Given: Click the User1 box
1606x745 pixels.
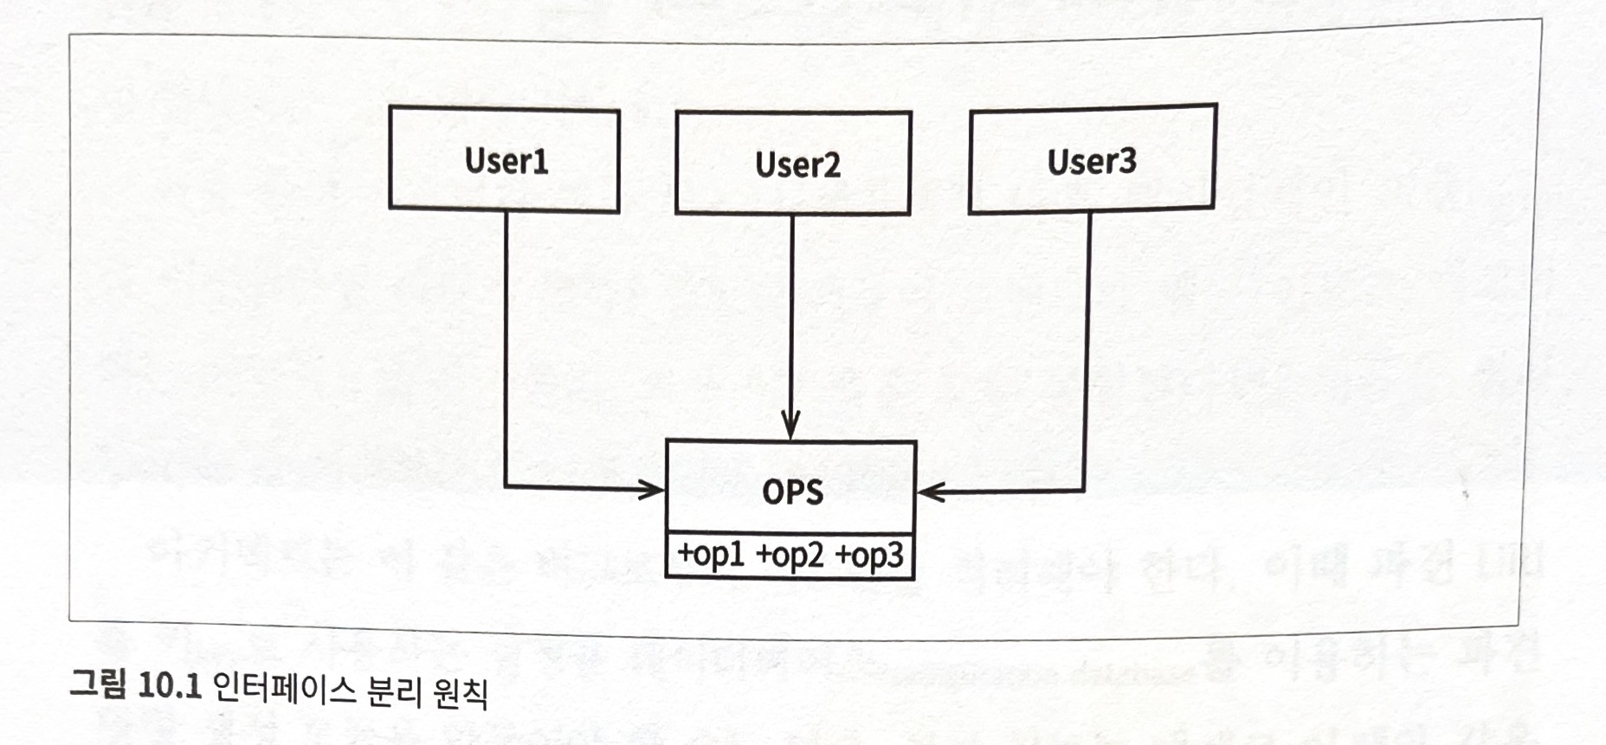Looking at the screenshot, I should click(504, 159).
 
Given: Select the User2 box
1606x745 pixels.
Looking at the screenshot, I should click(793, 163).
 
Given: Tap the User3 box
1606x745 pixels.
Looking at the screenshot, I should click(1092, 159).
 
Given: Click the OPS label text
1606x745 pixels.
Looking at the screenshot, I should click(792, 491).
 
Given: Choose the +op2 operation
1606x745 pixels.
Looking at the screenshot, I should click(790, 556).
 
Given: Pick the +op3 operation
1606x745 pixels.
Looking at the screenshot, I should click(868, 556).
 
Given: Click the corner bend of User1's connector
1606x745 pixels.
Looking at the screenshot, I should click(506, 486).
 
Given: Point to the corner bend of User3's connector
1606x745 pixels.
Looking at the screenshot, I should click(1084, 491).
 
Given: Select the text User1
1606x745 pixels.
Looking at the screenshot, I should click(506, 161).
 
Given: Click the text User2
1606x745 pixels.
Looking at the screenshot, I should click(797, 164).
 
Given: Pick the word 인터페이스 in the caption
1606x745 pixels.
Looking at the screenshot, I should click(283, 690).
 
